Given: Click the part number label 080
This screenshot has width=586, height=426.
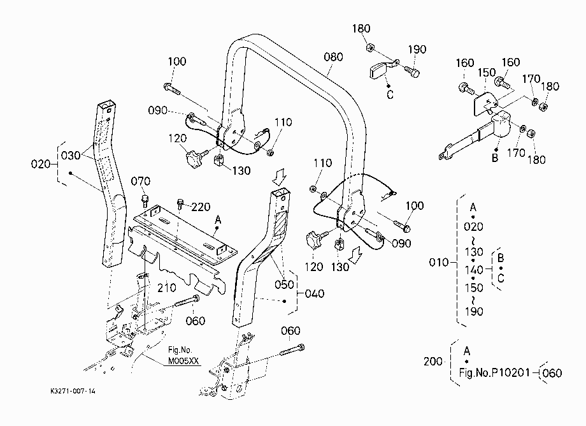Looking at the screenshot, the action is [333, 57].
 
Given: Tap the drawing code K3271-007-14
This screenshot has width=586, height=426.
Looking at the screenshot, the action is [73, 391].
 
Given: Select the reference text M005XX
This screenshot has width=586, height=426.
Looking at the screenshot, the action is [183, 361].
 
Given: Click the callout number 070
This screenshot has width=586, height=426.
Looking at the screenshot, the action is [141, 181].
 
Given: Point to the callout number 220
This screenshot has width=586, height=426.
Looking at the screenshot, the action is [201, 207].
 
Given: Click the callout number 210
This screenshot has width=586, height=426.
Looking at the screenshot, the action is [166, 288].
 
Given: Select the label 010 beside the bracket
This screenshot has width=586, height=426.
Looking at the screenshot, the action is [439, 262].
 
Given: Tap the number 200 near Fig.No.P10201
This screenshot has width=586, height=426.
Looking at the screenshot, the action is [432, 362].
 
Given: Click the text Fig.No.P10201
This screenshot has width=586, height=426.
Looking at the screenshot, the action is [494, 372].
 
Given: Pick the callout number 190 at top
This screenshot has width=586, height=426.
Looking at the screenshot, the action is [417, 49].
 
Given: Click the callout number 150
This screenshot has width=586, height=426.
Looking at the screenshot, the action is [487, 73].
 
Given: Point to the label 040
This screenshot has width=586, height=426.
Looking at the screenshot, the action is [314, 293].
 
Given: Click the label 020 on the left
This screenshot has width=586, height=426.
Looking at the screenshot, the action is [40, 164].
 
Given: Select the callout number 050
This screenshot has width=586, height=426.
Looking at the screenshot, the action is [284, 284].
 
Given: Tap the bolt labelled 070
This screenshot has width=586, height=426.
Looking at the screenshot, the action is [145, 201].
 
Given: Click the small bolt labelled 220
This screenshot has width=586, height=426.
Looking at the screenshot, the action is [180, 205].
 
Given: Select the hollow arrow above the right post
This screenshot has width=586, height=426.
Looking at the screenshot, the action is [279, 176].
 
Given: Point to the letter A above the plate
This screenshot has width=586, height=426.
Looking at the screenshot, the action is [218, 220].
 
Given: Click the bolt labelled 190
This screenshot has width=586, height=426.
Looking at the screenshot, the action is [411, 71].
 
